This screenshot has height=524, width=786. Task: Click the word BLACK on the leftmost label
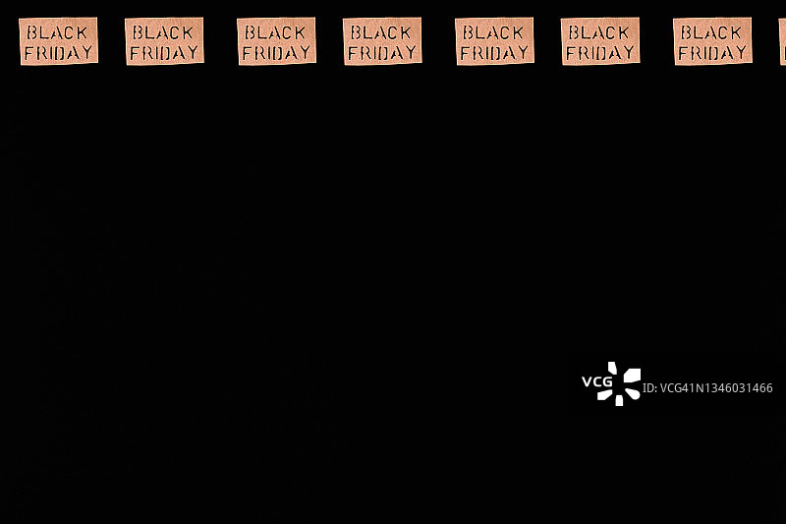58,31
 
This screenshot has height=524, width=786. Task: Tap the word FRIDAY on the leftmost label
59,52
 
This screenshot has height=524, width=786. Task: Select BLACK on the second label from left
164,31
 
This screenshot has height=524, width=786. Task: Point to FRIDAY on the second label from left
165,53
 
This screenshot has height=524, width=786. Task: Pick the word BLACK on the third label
276,31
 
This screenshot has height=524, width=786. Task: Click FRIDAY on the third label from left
277,53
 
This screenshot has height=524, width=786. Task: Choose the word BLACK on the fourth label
382,31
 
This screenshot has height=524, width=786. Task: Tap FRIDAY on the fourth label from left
383,53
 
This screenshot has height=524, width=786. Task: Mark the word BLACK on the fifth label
494,31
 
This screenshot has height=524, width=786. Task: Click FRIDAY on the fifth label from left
495,53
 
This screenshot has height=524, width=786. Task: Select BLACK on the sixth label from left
599,31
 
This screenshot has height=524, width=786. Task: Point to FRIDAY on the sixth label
600,53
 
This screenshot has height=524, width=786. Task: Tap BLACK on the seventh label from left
712,31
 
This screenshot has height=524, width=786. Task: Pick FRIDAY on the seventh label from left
713,53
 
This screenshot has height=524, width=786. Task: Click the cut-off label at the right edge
782,41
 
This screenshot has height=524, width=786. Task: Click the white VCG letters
596,382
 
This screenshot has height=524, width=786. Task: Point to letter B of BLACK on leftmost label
31,31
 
